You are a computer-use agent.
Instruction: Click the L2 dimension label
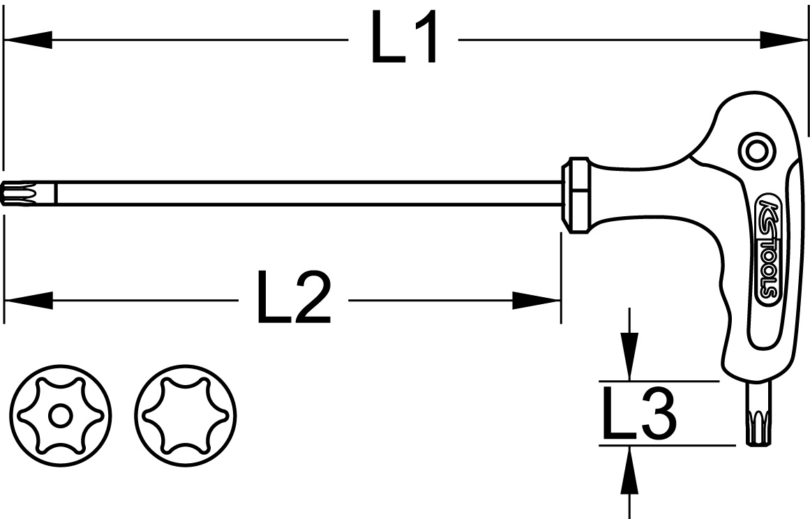coord(294,301)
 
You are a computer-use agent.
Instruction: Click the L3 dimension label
coord(638,416)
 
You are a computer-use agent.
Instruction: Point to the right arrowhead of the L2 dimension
coord(537,301)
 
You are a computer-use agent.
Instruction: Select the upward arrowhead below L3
coord(630,463)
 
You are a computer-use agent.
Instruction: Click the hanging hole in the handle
coord(756,149)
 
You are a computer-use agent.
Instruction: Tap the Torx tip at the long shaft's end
coord(18,193)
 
